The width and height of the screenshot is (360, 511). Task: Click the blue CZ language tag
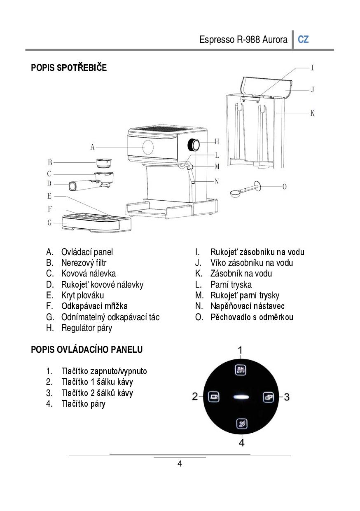(303, 40)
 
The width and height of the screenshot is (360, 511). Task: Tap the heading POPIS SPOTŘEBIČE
(69, 68)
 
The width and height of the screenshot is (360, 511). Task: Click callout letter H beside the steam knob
(217, 142)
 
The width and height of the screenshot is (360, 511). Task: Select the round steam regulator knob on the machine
(194, 145)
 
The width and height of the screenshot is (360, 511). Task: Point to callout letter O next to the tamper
(284, 187)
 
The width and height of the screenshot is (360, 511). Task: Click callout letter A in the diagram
(93, 147)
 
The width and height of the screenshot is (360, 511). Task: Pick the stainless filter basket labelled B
(104, 162)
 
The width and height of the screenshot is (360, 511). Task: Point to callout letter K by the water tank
(312, 113)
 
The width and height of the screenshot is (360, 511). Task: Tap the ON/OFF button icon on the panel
(241, 370)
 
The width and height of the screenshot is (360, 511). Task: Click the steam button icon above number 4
(241, 423)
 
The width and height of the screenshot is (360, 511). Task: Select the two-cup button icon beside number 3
(268, 397)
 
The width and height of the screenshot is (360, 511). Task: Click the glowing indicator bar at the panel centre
(241, 397)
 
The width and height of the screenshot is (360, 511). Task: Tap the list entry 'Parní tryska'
(231, 285)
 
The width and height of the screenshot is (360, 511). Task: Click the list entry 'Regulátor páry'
(86, 328)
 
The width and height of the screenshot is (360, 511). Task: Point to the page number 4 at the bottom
(180, 464)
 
